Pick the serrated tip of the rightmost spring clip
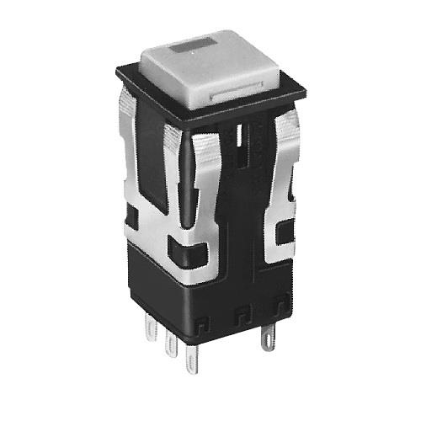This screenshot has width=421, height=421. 291,126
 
